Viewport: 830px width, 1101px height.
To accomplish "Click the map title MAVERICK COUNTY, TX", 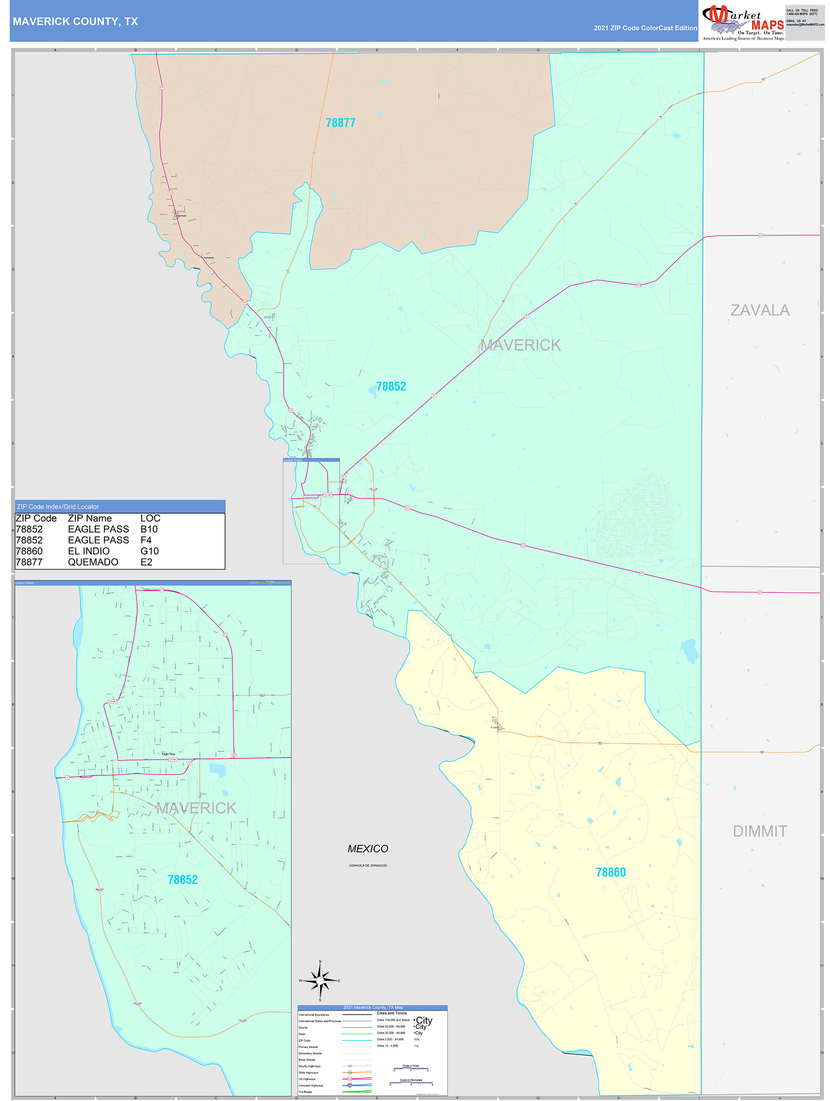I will pyautogui.click(x=75, y=22).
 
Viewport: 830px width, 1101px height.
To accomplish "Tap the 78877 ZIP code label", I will pyautogui.click(x=340, y=122).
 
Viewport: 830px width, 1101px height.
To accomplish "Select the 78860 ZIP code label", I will pyautogui.click(x=611, y=872).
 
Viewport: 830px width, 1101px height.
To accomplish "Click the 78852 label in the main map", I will pyautogui.click(x=391, y=386).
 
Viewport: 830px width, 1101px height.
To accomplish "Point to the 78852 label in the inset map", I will pyautogui.click(x=182, y=880).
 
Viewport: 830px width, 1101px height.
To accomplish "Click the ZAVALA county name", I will pyautogui.click(x=760, y=310).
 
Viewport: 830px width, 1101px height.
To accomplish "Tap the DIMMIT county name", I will pyautogui.click(x=760, y=831).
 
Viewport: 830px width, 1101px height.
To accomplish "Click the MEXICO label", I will pyautogui.click(x=368, y=849).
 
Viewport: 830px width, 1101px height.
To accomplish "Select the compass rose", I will pyautogui.click(x=320, y=980).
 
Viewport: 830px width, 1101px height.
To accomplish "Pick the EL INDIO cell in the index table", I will pyautogui.click(x=88, y=551).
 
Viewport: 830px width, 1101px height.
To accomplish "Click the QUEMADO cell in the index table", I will pyautogui.click(x=93, y=562).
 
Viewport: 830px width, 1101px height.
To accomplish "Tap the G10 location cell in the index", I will pyautogui.click(x=149, y=551).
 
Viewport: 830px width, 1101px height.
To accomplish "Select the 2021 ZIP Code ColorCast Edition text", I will pyautogui.click(x=645, y=28).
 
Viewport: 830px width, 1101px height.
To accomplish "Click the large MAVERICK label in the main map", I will pyautogui.click(x=520, y=345).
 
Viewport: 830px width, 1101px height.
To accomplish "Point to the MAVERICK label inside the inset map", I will pyautogui.click(x=196, y=808).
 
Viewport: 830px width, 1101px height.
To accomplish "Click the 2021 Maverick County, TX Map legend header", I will pyautogui.click(x=373, y=1007).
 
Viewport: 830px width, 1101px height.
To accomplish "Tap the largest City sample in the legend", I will pyautogui.click(x=424, y=1021).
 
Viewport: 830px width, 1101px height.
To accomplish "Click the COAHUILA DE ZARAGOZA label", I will pyautogui.click(x=368, y=866).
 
